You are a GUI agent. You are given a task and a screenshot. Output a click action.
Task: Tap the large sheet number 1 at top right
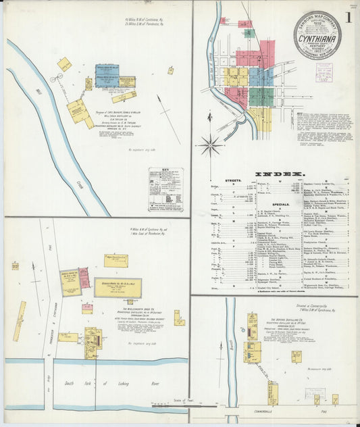pos(347,18)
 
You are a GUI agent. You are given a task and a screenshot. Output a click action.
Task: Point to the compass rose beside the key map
pos(211,144)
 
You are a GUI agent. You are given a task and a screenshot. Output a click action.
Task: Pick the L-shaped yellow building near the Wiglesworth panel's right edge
pos(178,317)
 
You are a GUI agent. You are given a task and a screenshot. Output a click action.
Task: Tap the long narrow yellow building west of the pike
pos(19,321)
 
